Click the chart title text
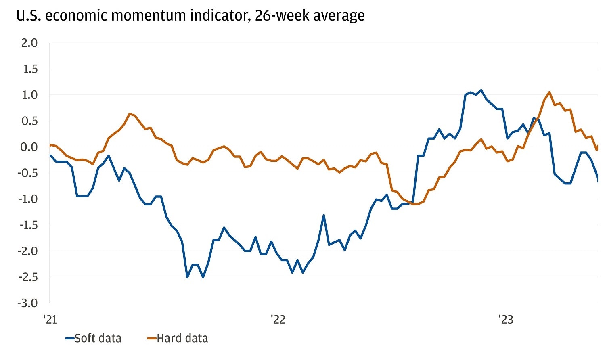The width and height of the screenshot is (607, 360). click(x=190, y=16)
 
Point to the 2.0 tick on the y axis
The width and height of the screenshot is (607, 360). click(x=29, y=43)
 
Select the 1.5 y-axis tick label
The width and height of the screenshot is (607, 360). click(x=29, y=69)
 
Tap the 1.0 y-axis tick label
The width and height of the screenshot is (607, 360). click(x=29, y=95)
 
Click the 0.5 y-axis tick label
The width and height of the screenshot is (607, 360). click(x=29, y=121)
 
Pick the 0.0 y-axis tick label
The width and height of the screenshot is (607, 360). click(x=29, y=147)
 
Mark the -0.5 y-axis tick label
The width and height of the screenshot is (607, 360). click(x=27, y=173)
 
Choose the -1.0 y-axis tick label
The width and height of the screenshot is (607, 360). click(x=27, y=199)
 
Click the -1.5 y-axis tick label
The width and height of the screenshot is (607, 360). click(x=27, y=225)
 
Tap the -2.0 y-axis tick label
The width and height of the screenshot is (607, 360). click(x=27, y=251)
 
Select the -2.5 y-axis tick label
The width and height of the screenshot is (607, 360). click(x=27, y=277)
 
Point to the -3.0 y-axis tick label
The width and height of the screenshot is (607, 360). click(x=27, y=303)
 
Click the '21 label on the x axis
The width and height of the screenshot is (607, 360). click(x=50, y=320)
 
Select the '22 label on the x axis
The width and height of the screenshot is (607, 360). click(x=278, y=320)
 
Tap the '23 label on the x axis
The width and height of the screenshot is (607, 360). click(x=506, y=320)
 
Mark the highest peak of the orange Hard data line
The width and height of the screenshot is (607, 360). click(x=549, y=92)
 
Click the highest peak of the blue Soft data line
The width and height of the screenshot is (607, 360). click(x=481, y=90)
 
